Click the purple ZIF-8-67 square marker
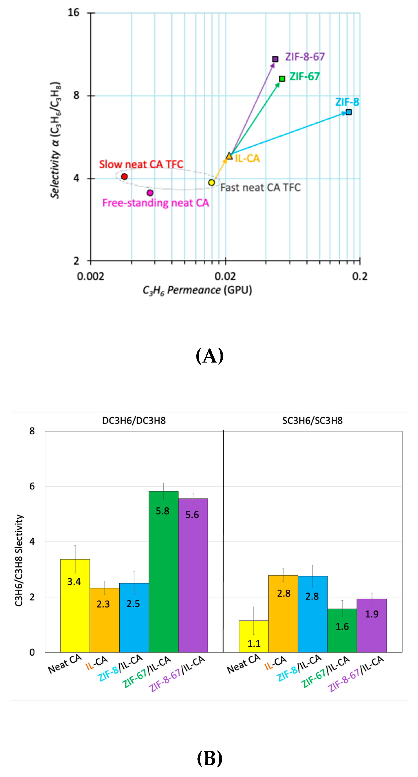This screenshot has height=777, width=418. click(275, 59)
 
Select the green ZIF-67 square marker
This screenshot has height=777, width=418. click(282, 79)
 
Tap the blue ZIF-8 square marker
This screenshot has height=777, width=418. click(348, 112)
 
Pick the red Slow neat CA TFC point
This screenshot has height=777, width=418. click(124, 176)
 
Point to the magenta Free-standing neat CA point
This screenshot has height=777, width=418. click(150, 193)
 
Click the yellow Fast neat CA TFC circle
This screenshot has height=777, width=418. click(211, 182)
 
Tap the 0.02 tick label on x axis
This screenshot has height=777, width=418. click(225, 276)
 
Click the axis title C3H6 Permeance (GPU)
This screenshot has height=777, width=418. click(197, 290)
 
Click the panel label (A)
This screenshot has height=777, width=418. click(210, 356)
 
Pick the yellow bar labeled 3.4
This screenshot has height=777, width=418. click(75, 606)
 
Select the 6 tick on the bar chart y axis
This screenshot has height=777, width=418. click(32, 486)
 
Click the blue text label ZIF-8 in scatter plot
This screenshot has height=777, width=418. click(347, 102)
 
